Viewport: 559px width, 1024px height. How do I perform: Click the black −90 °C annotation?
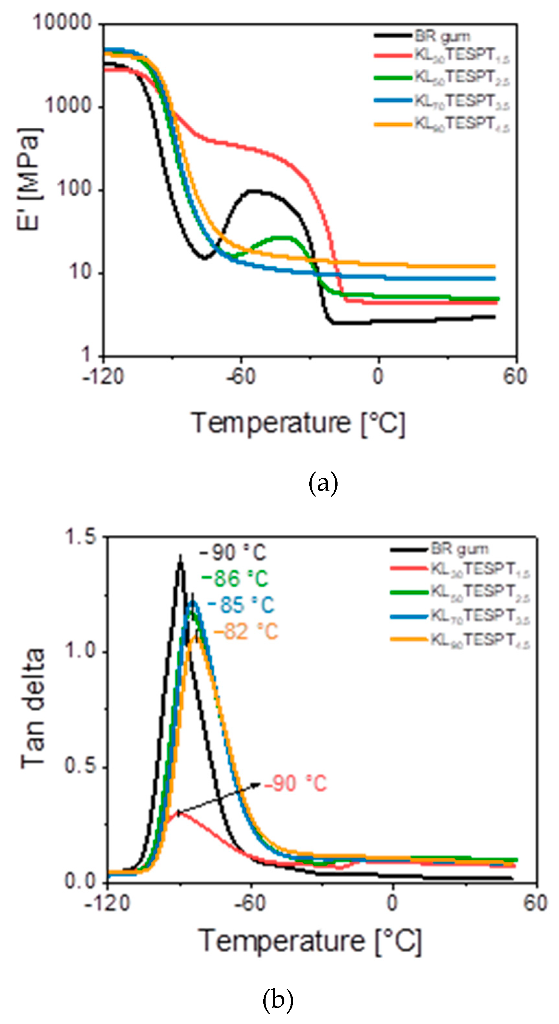pos(233,553)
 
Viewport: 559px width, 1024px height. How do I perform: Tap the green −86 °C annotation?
pos(235,579)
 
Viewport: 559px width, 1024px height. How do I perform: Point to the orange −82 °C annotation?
pos(246,631)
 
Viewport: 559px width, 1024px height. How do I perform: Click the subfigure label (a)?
pos(323,483)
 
